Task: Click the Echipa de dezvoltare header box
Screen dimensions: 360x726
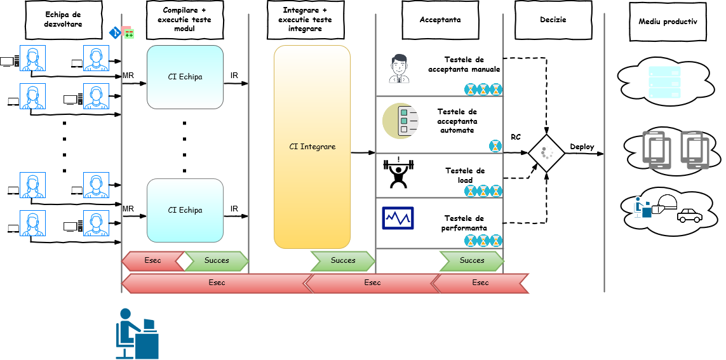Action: [64, 20]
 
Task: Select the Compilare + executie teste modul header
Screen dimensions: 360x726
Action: [184, 20]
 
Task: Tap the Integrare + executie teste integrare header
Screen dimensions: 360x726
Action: [305, 20]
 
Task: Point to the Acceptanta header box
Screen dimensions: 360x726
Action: [440, 20]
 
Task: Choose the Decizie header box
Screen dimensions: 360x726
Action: [553, 20]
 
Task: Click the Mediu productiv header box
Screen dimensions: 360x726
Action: [668, 22]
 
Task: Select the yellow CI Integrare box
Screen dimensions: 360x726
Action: [312, 147]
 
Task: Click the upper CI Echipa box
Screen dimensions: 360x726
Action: [185, 77]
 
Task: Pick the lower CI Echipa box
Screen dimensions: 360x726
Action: [185, 210]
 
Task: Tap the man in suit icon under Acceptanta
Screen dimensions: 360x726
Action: [399, 69]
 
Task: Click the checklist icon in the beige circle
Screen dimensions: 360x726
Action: [400, 121]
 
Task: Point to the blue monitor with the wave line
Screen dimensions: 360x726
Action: [398, 218]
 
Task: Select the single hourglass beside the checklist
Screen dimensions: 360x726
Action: [495, 146]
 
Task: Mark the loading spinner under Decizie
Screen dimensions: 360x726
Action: [548, 152]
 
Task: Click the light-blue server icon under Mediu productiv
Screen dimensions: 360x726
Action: [664, 83]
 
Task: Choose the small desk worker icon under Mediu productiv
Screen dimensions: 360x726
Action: [642, 208]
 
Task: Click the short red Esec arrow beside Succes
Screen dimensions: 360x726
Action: [152, 260]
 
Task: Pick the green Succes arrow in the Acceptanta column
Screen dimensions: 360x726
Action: [471, 260]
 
